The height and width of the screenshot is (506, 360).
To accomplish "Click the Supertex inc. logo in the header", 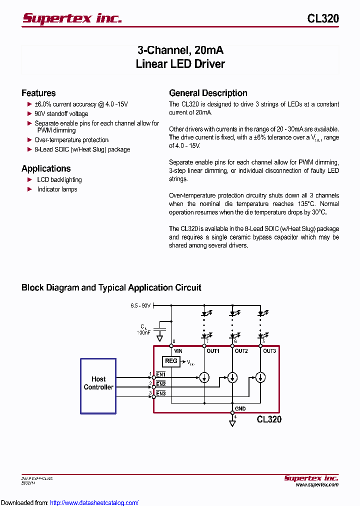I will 72,18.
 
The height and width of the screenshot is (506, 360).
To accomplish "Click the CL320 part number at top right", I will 323,18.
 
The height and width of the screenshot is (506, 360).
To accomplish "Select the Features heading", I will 38,93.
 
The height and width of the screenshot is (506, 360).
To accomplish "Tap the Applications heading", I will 46,168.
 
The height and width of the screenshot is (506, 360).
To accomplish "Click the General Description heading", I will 208,93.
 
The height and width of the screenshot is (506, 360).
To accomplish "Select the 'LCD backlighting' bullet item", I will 59,179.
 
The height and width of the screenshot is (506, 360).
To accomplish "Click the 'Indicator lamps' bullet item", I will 57,189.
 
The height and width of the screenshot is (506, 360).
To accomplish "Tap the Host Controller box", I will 98,385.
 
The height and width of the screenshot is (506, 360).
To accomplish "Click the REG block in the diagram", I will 171,361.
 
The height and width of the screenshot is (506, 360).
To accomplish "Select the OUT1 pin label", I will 213,351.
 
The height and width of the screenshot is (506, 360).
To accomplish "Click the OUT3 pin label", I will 269,351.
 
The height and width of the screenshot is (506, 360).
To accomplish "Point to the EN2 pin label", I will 160,384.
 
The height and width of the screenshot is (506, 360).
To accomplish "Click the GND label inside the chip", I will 240,408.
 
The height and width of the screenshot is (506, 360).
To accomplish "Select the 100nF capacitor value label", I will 143,332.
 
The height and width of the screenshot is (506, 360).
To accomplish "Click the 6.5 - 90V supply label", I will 140,305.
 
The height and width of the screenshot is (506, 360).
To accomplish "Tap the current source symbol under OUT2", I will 232,377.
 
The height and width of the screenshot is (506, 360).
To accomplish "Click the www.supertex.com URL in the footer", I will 316,484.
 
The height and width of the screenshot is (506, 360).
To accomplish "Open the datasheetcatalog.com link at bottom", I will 94,502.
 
